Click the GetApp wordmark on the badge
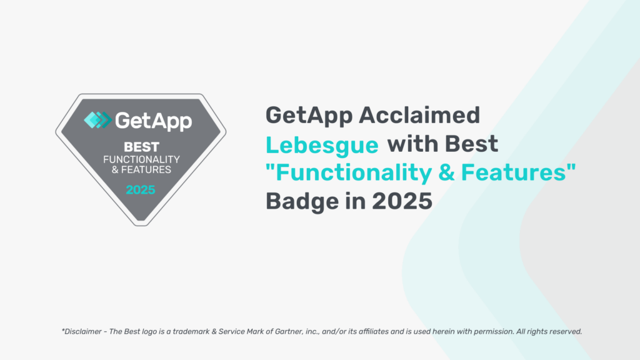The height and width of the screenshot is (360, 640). [154, 121]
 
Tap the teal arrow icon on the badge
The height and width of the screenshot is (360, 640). [97, 120]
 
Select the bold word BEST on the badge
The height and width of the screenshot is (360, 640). [142, 147]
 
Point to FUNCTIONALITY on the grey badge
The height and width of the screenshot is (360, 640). [142, 159]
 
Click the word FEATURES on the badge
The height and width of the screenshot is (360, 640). [146, 170]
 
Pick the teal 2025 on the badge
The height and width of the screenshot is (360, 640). [141, 190]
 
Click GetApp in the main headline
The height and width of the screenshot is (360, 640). [309, 116]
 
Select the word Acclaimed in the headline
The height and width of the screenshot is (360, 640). [419, 115]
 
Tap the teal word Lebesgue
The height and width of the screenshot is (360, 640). [322, 146]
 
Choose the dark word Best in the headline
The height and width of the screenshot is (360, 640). [471, 144]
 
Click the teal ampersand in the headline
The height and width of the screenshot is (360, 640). [446, 172]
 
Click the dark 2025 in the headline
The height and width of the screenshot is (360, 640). [402, 201]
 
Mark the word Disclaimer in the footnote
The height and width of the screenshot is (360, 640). [83, 331]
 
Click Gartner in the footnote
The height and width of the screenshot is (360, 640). [289, 331]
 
